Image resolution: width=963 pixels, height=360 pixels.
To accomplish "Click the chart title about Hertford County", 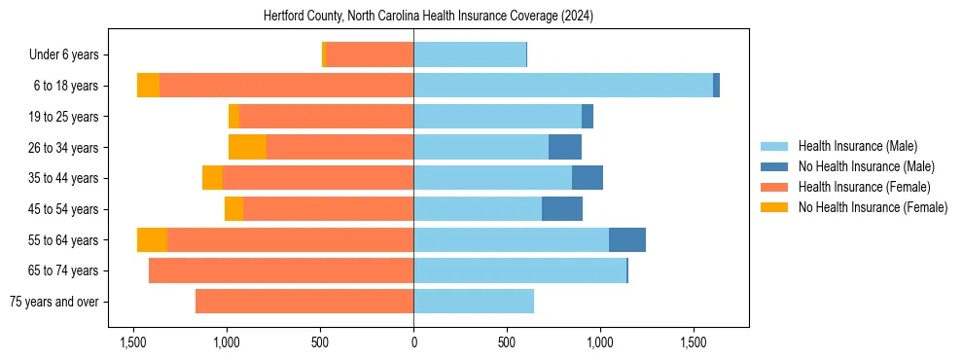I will [x=428, y=17].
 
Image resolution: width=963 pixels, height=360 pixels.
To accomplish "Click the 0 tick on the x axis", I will [x=413, y=343].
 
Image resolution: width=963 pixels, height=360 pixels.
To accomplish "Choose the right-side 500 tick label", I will [x=507, y=343].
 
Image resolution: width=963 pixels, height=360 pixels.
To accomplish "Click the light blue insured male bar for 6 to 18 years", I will [x=563, y=86].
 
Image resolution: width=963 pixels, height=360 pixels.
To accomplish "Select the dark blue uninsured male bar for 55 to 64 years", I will [x=627, y=239].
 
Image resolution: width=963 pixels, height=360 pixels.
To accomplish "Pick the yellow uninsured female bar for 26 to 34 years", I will [x=247, y=147].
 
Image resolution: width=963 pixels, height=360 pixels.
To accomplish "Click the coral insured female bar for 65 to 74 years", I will [x=281, y=270].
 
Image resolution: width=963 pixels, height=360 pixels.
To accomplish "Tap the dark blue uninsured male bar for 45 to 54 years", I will [x=562, y=209].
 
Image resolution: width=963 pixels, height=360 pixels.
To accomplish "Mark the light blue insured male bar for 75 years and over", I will [x=474, y=302].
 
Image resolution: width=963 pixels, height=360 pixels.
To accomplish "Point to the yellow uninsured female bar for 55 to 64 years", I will [x=152, y=239].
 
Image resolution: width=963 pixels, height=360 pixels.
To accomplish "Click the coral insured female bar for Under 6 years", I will [x=370, y=54].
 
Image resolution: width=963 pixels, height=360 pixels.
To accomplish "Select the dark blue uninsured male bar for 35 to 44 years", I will [x=588, y=178].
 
